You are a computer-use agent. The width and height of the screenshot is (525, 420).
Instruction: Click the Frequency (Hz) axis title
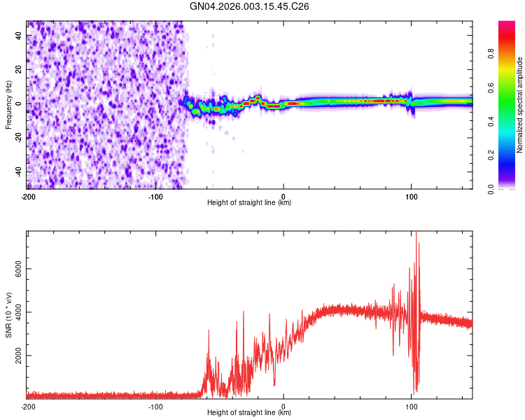[8, 105]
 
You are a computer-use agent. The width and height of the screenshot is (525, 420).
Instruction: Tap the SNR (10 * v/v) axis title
[8, 314]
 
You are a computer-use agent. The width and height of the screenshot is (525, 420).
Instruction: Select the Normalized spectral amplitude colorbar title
[519, 105]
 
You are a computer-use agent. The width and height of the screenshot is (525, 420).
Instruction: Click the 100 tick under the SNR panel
[412, 406]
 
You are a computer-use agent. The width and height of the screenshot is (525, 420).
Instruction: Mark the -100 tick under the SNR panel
[155, 406]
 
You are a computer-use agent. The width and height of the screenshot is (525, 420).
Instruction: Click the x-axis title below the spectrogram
[249, 203]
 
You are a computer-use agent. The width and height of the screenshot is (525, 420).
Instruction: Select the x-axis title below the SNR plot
[249, 413]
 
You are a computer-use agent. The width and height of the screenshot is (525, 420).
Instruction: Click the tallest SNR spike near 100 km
[416, 234]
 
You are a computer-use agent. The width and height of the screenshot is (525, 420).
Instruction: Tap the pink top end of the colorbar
[507, 24]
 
